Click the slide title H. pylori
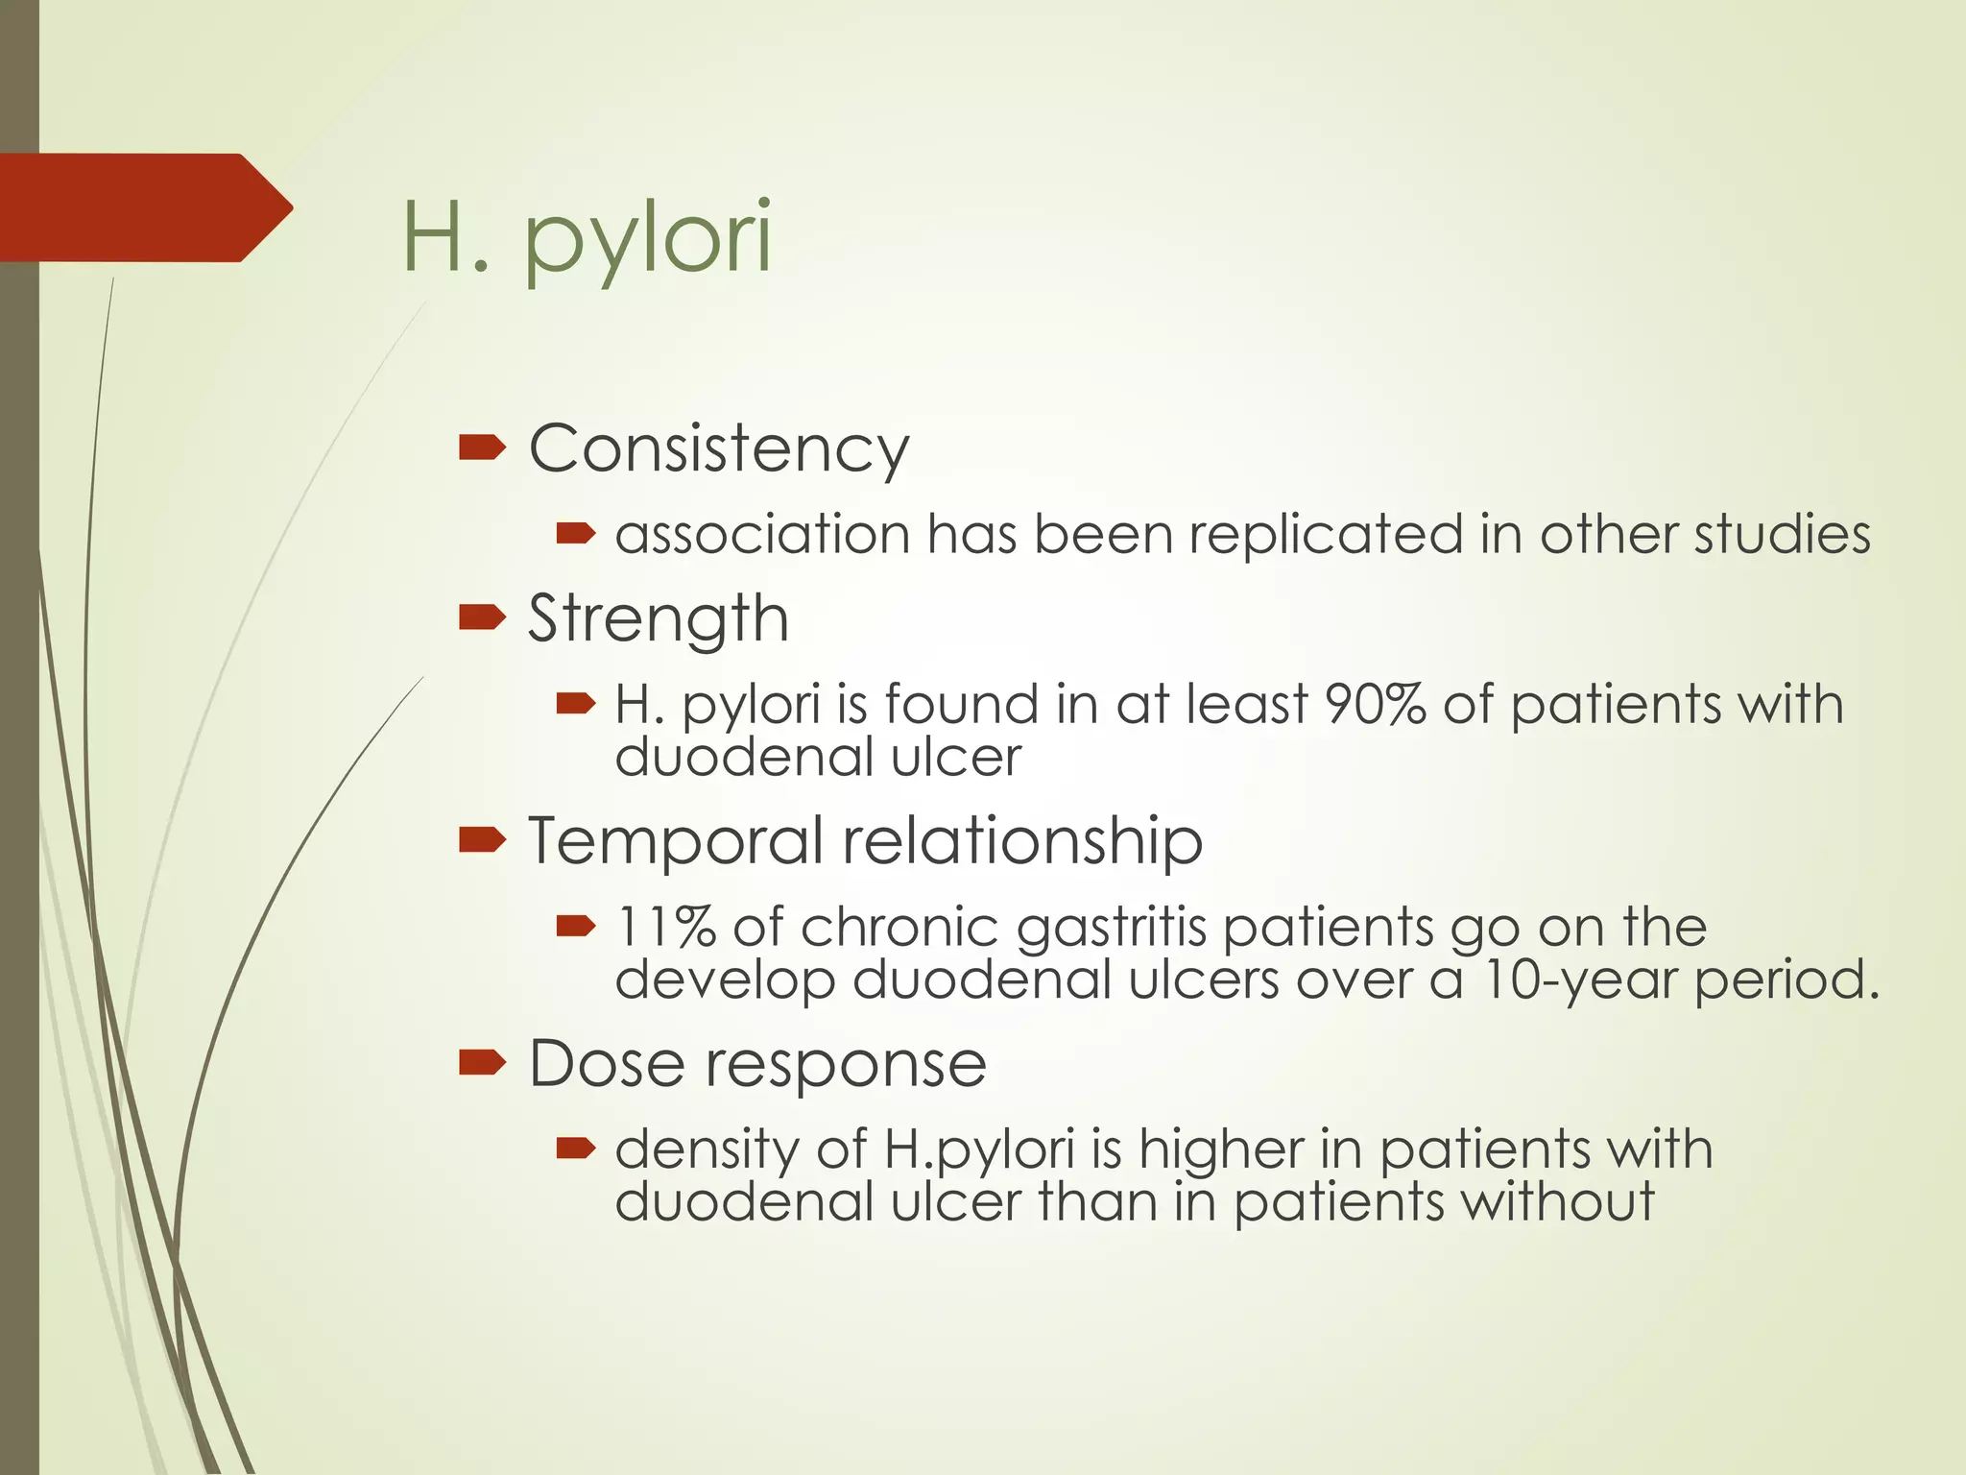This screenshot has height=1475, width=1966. point(586,238)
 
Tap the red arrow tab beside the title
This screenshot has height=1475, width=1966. point(144,207)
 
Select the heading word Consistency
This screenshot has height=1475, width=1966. point(718,448)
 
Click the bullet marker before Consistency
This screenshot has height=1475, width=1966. point(481,447)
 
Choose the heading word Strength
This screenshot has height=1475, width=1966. point(659,618)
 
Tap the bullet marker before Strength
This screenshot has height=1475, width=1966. point(481,617)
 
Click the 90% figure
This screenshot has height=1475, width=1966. point(1375,704)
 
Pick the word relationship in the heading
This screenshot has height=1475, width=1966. point(1022,840)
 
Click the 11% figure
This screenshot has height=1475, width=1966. point(664,927)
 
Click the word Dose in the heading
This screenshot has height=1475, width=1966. point(606,1063)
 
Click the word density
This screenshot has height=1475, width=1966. point(707,1150)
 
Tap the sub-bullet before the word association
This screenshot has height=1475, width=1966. point(576,534)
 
